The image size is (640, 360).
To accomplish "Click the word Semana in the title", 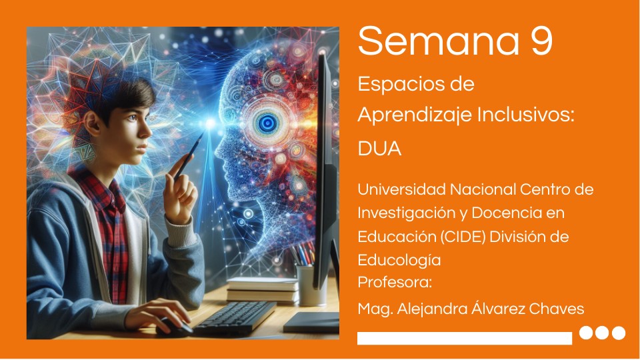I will click(x=438, y=41).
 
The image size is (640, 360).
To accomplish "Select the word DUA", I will click(x=379, y=149).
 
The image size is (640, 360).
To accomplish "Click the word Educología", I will click(x=399, y=259).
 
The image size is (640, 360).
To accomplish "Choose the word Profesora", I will click(x=395, y=282).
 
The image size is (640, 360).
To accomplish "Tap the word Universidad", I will click(x=402, y=189).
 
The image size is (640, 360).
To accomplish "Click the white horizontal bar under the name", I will click(x=464, y=338).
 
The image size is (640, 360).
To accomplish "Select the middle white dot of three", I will click(x=603, y=333).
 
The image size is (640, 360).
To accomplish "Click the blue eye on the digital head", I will click(x=268, y=122).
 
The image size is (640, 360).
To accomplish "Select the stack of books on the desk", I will click(x=262, y=290).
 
